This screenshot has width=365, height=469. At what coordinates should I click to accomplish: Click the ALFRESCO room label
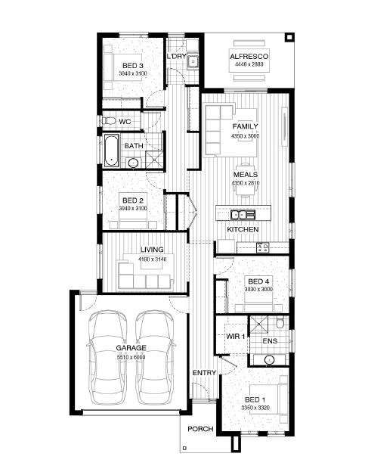[x=249, y=56]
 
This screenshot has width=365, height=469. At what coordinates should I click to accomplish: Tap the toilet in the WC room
[x=109, y=121]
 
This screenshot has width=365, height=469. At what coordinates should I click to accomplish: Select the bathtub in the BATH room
[x=111, y=151]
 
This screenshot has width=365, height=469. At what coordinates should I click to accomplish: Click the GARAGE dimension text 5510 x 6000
[x=131, y=357]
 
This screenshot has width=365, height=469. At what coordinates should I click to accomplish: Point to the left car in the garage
[x=107, y=358]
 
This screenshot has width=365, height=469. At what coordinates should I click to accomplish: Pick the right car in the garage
[x=154, y=358]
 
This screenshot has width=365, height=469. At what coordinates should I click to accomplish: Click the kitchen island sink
[x=243, y=215]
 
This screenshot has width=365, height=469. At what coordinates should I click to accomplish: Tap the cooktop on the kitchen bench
[x=262, y=247]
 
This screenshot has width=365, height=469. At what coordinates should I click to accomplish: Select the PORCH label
[x=200, y=429]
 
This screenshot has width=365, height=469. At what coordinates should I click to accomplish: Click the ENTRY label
[x=204, y=373]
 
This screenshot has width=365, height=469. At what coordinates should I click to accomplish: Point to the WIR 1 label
[x=235, y=336]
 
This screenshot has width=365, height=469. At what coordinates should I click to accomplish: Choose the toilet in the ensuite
[x=280, y=322]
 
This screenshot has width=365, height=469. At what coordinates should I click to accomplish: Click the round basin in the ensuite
[x=269, y=359]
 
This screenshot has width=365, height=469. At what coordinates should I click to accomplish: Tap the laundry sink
[x=193, y=61]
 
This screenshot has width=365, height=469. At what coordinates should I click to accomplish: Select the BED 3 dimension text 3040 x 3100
[x=133, y=73]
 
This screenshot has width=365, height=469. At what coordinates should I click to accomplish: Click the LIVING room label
[x=152, y=250]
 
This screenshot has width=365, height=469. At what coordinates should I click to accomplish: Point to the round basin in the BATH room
[x=132, y=163]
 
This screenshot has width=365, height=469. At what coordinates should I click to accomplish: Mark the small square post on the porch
[x=184, y=448]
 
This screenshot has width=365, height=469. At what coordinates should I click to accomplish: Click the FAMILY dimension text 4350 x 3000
[x=245, y=136]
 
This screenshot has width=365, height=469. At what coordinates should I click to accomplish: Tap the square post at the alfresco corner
[x=289, y=37]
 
